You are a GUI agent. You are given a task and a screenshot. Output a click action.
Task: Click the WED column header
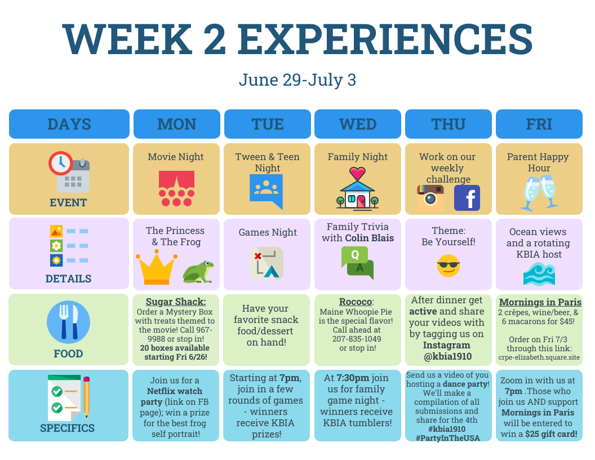tap(357, 124)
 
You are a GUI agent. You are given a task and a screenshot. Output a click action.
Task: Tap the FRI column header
tap(539, 124)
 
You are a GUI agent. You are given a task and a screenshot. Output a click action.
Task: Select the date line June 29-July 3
tap(297, 79)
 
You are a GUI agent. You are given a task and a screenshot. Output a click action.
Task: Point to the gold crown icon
tap(156, 269)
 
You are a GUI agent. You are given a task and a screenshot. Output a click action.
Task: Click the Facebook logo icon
tap(467, 198)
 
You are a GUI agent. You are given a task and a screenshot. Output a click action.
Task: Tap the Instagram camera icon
tap(430, 197)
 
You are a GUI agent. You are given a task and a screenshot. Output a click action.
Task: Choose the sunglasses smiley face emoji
tap(448, 266)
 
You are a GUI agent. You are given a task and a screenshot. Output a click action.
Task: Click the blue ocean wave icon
tap(539, 273)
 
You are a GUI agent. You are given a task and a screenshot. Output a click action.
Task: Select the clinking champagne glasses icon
tap(539, 192)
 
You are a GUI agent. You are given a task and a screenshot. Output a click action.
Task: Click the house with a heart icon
tap(357, 188)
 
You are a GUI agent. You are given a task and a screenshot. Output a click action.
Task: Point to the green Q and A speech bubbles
tap(357, 263)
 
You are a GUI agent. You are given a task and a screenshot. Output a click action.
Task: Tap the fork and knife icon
tap(68, 322)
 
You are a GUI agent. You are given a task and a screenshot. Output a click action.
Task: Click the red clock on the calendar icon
tap(61, 163)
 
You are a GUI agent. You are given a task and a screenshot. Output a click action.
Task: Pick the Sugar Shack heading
tap(176, 302)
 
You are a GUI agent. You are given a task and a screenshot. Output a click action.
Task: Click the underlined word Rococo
tap(356, 302)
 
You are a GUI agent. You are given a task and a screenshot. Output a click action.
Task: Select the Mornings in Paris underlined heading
tap(540, 302)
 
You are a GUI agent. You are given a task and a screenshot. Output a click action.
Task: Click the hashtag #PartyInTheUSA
tap(448, 438)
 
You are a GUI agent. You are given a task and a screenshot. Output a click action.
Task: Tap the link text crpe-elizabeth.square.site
tap(539, 357)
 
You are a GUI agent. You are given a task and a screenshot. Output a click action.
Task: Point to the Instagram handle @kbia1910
tap(448, 356)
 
